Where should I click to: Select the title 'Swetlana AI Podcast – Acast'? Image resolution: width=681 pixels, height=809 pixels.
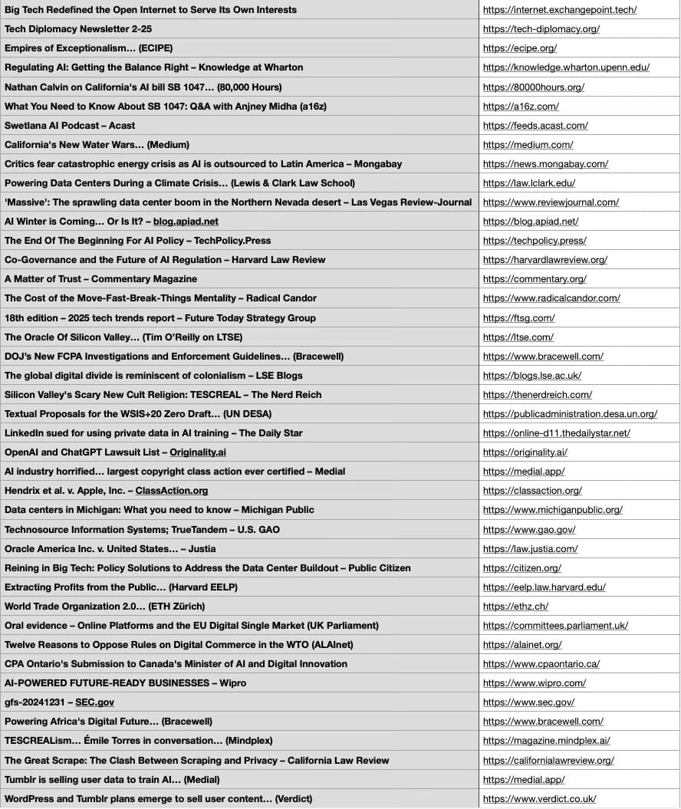pos(70,125)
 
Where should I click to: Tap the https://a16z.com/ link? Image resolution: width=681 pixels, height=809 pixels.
pos(521,106)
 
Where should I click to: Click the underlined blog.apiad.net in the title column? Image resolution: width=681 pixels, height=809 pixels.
pos(186,222)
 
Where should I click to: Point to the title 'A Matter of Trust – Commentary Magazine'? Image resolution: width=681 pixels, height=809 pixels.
pos(100,279)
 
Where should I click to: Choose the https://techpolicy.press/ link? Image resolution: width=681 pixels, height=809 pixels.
pos(535,241)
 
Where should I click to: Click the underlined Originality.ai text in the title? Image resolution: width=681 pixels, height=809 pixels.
pos(197,452)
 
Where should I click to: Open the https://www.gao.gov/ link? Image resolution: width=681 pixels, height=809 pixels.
pos(529,529)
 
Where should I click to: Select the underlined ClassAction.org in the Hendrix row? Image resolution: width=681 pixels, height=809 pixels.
pos(171,491)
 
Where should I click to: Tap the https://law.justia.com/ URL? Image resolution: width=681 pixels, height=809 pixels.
pos(530,548)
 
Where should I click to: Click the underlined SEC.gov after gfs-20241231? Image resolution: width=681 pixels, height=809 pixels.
pos(94,702)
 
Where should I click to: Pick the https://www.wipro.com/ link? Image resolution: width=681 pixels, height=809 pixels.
pos(535,683)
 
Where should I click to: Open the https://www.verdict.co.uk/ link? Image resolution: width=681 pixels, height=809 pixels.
pos(539,798)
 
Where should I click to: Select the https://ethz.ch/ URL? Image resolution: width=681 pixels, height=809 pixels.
pos(515,606)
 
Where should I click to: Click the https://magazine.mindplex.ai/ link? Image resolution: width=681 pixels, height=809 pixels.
pos(547,741)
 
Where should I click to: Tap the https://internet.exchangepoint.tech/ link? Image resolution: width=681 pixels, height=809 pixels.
pos(560,10)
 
